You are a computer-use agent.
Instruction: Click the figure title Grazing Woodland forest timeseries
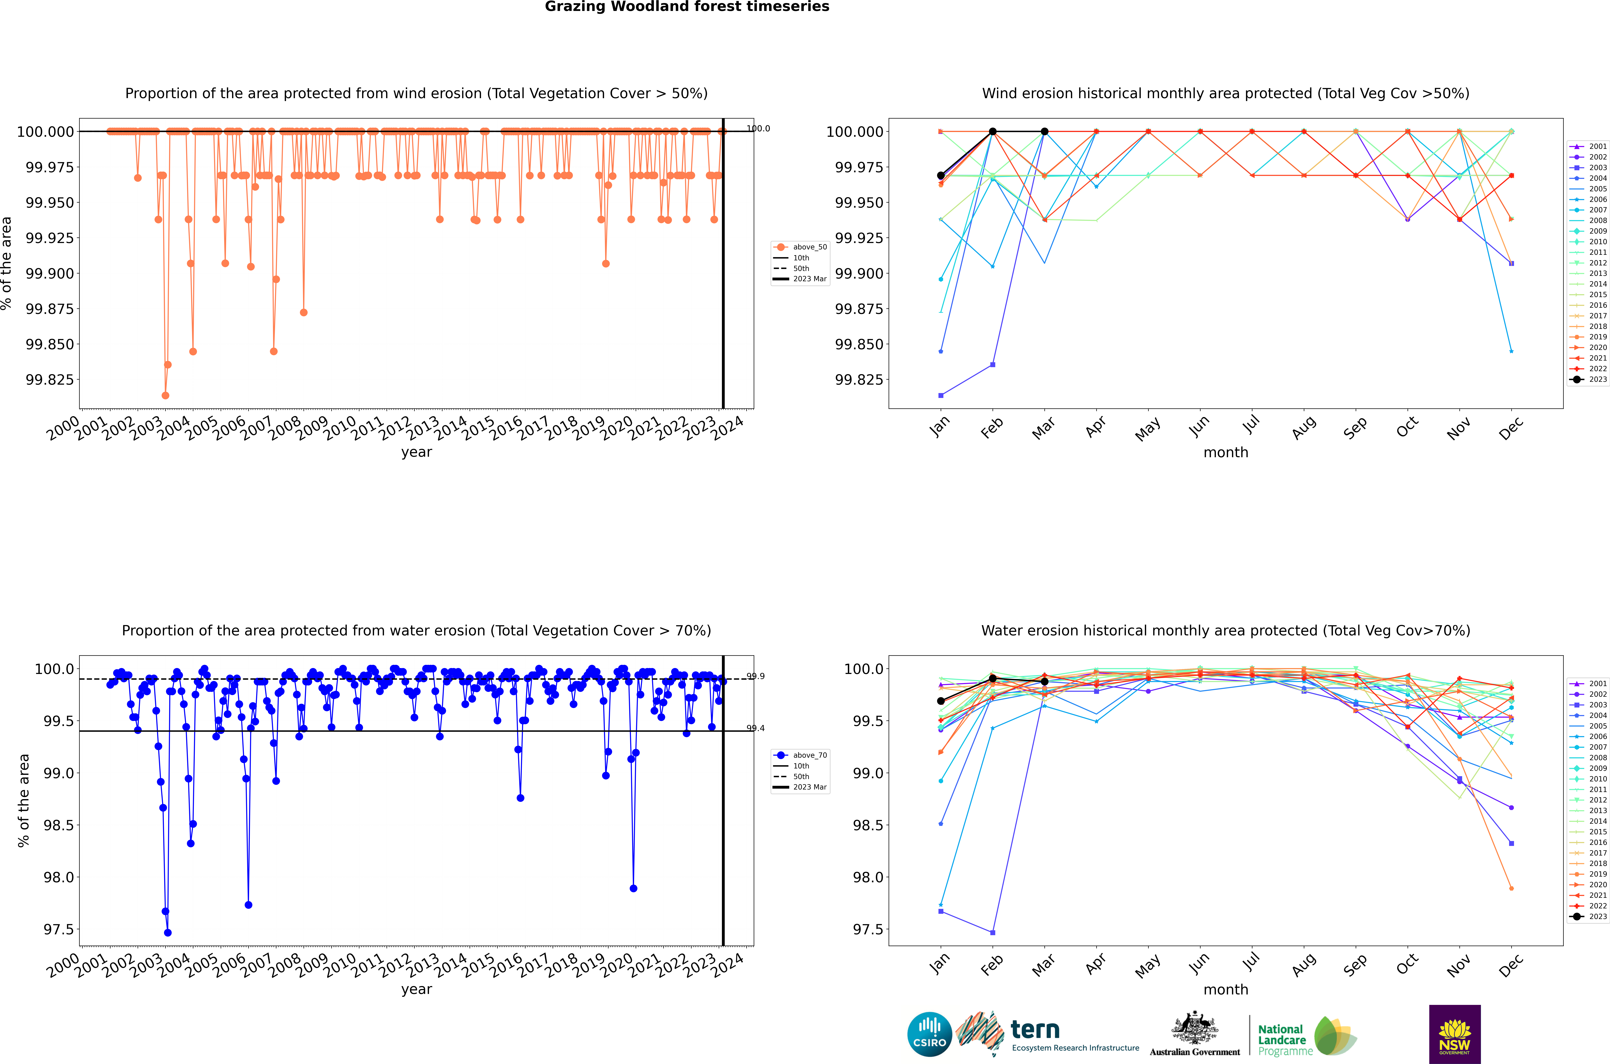687,7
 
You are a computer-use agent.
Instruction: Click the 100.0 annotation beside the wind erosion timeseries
758,128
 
